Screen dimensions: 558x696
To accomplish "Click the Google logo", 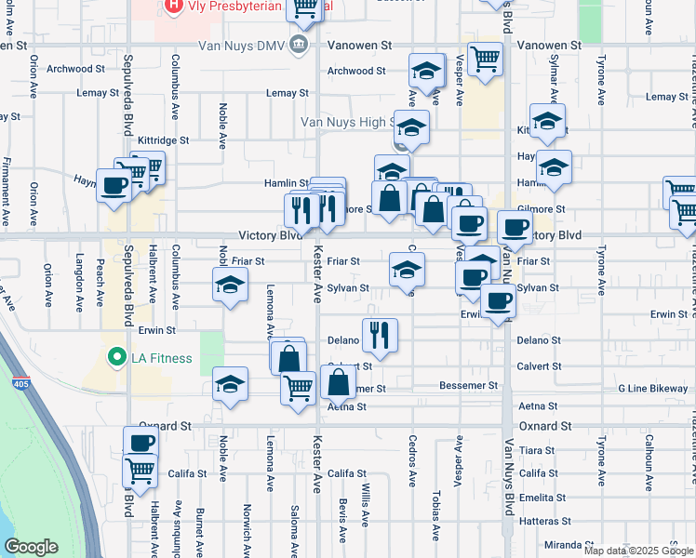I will click(x=31, y=547).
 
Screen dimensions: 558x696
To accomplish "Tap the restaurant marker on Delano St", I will click(x=379, y=337).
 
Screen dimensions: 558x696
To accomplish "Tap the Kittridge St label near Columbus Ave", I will click(x=163, y=140).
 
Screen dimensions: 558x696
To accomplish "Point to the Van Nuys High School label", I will click(x=344, y=122).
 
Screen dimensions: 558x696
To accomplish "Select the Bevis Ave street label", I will click(x=342, y=534).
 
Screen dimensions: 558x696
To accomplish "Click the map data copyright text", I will click(x=638, y=551).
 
